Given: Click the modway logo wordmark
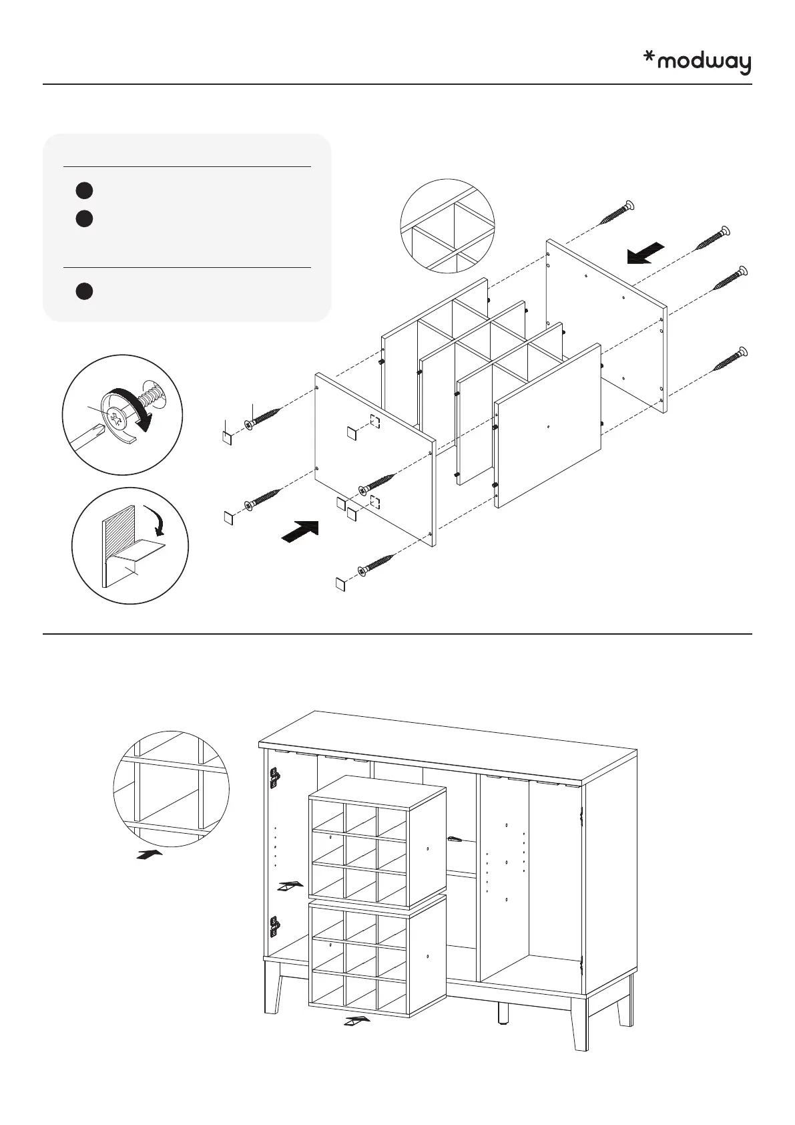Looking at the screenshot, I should [704, 63].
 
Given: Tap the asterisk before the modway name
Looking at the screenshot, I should [648, 59].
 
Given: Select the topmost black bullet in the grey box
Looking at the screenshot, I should [83, 190].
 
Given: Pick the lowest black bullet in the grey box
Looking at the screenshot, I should [83, 292].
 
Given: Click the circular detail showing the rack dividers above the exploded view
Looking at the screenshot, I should [447, 226].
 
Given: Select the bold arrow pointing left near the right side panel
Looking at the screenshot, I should [645, 253].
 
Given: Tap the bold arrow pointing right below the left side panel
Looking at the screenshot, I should [300, 532].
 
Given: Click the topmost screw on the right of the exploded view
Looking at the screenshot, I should [617, 212].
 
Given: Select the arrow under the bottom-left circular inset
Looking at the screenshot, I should [149, 854].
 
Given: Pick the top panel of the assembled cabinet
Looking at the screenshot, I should [447, 745].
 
